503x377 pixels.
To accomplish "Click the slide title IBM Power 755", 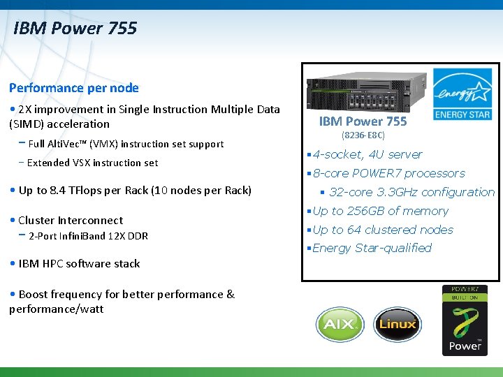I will pyautogui.click(x=75, y=29).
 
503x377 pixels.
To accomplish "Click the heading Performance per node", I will pyautogui.click(x=73, y=88).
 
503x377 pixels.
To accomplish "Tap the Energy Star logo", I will pyautogui.click(x=462, y=94).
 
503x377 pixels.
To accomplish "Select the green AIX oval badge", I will pyautogui.click(x=340, y=324).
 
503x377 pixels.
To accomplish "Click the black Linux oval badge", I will pyautogui.click(x=398, y=324).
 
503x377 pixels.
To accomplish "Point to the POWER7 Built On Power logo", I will pyautogui.click(x=465, y=320).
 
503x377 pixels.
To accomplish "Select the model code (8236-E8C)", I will pyautogui.click(x=363, y=135).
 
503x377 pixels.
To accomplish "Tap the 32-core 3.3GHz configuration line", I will pyautogui.click(x=411, y=192).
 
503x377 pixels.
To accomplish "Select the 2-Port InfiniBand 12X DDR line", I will pyautogui.click(x=88, y=236).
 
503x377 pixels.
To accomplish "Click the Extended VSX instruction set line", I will pyautogui.click(x=92, y=163).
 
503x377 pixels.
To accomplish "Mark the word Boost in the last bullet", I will pyautogui.click(x=34, y=294).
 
